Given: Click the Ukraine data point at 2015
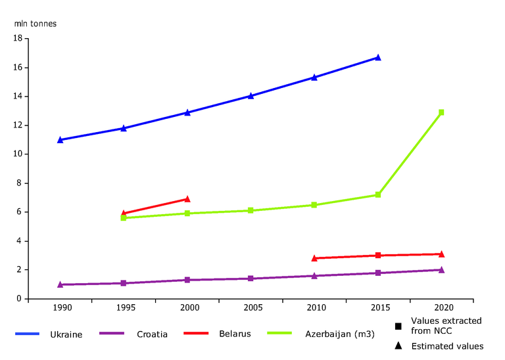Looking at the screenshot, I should (x=378, y=57).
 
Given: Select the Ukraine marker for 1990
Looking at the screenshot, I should (x=60, y=139).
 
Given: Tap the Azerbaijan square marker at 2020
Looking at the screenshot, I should (x=441, y=112).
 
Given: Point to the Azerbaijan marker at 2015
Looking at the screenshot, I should (x=378, y=194).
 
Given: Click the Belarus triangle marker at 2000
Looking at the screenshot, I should (x=187, y=198).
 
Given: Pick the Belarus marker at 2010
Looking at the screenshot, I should (x=314, y=258).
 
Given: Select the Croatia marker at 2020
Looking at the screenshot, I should (x=441, y=269).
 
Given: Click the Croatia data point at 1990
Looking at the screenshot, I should (x=60, y=284).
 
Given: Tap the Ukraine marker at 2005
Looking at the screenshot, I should (x=251, y=96).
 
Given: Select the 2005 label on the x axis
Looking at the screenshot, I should (x=251, y=307).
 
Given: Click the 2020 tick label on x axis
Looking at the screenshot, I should (x=441, y=307).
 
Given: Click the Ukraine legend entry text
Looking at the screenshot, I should (x=66, y=334).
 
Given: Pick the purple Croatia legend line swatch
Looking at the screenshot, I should (x=112, y=334).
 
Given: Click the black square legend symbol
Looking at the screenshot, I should (x=398, y=326).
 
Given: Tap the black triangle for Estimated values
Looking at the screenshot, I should (x=398, y=346).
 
